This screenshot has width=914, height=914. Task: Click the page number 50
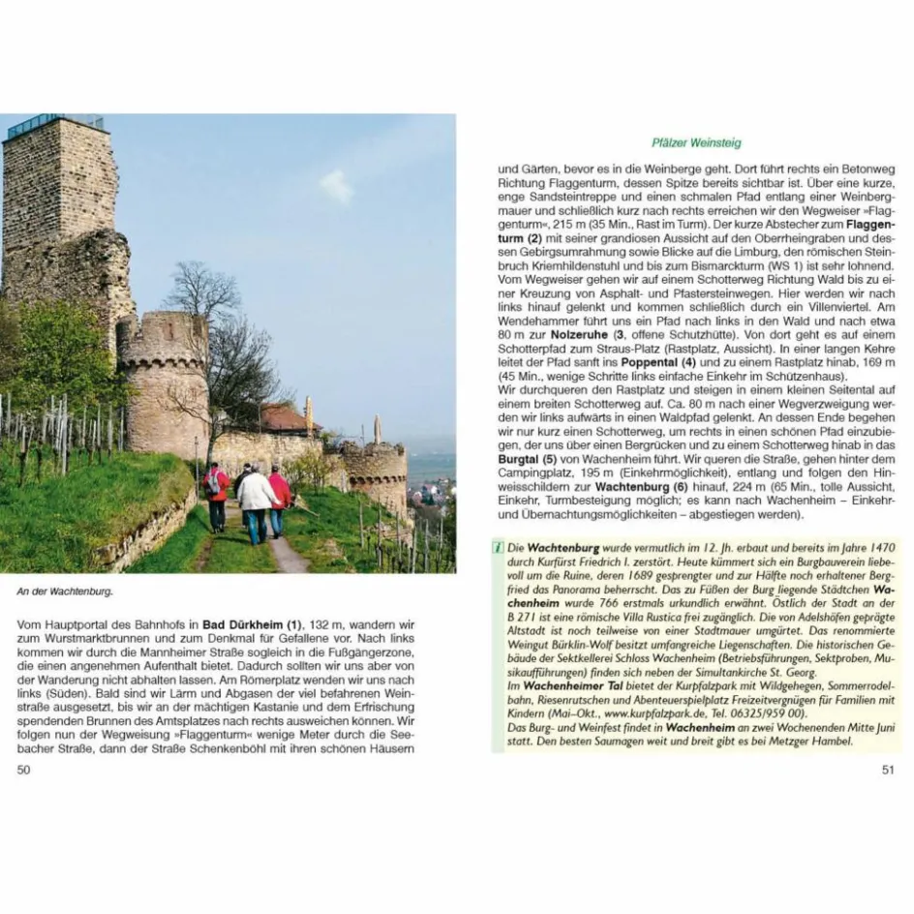(24, 770)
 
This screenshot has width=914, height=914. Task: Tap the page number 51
(888, 770)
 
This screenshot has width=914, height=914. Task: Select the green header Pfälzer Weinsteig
(696, 143)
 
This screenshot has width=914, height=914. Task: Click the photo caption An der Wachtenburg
(64, 591)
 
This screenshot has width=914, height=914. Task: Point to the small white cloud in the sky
(336, 186)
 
